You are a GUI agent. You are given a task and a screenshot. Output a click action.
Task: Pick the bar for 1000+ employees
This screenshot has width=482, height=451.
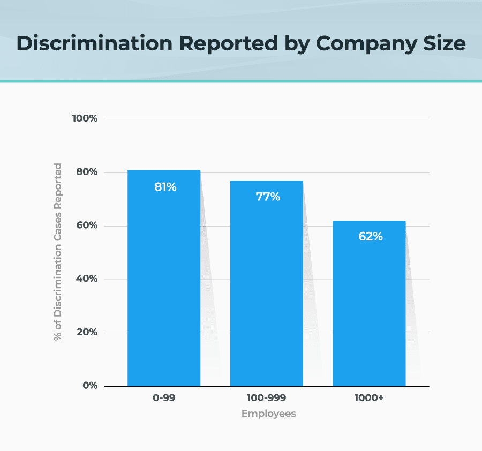(x=369, y=311)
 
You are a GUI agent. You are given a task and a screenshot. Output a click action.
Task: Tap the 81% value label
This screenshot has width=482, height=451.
(x=165, y=187)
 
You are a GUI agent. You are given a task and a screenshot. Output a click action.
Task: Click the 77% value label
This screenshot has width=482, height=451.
(x=268, y=197)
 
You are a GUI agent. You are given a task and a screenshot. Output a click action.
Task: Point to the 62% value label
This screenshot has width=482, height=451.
(x=370, y=236)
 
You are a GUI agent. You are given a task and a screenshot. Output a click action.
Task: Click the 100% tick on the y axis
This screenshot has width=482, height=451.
(x=85, y=118)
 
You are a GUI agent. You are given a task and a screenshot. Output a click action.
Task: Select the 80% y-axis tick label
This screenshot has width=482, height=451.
(x=86, y=172)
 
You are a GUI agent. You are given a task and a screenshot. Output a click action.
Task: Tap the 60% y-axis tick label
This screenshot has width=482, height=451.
(x=86, y=225)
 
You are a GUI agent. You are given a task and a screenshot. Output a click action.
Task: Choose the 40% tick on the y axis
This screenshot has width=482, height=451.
(x=86, y=279)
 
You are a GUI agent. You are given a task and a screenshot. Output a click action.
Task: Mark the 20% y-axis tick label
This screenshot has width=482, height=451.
(x=86, y=332)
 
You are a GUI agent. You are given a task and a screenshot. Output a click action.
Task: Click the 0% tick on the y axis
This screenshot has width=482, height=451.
(x=89, y=386)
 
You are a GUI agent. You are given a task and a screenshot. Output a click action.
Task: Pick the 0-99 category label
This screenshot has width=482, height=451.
(x=164, y=399)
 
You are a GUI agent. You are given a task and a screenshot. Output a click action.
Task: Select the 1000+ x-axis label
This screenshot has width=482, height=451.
(x=370, y=399)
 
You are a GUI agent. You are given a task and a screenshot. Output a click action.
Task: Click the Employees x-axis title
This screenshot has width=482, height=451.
(x=268, y=414)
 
